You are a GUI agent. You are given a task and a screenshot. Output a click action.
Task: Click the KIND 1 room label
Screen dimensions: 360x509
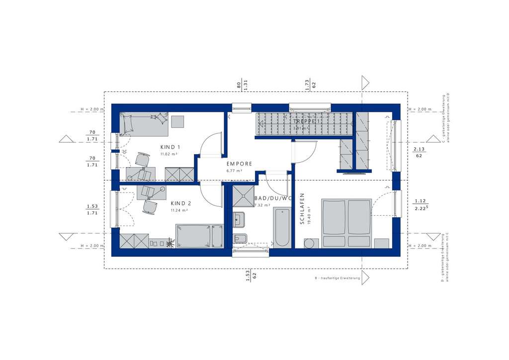tap(170, 147)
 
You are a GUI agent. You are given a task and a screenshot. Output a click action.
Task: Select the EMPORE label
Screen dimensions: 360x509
tap(240, 164)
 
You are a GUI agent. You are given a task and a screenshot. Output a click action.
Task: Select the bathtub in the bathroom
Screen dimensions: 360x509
tap(282, 228)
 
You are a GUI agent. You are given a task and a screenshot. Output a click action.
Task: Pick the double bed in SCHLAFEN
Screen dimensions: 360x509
tap(346, 222)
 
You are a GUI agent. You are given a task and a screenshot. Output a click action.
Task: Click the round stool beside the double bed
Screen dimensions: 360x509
tap(310, 243)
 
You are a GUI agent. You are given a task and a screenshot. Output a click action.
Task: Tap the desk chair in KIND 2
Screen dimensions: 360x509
tap(148, 206)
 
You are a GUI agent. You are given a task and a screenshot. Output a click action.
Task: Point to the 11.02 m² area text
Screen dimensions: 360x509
tap(169, 155)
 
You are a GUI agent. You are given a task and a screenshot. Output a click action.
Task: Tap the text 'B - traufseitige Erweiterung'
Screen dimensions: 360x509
tap(337, 278)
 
